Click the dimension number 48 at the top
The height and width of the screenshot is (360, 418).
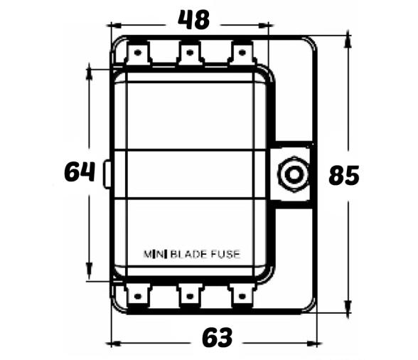click(x=193, y=20)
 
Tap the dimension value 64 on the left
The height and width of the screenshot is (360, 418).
click(x=79, y=172)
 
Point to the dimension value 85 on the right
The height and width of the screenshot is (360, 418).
click(x=344, y=175)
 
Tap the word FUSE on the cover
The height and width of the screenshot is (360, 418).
click(x=224, y=253)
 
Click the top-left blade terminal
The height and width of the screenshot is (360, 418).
click(x=137, y=53)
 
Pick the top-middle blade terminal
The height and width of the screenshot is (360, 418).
click(x=190, y=53)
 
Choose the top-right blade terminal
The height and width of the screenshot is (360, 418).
click(x=242, y=53)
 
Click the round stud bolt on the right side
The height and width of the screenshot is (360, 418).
click(x=291, y=174)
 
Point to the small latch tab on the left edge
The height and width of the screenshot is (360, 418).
click(x=107, y=174)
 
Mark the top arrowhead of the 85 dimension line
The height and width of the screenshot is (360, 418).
click(x=348, y=38)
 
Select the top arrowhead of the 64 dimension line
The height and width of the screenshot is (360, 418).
click(x=89, y=69)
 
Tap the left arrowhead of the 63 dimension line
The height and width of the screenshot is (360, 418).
click(x=112, y=344)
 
